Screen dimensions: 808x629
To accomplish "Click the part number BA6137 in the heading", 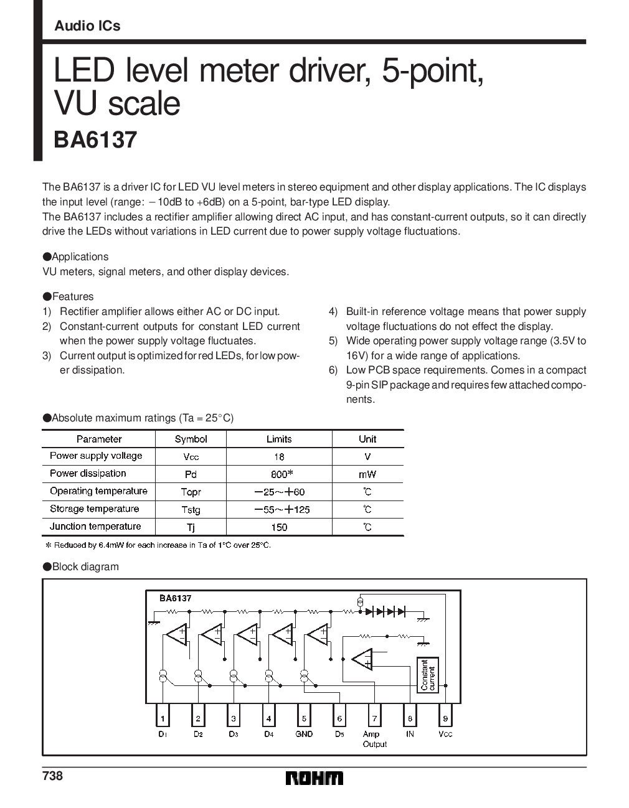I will point(95,140).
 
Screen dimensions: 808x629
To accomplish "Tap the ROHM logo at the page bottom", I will point(314,779).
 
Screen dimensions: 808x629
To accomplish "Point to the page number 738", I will point(52,776).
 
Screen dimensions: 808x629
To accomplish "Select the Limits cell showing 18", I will point(278,456).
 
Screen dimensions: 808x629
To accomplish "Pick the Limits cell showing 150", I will point(278,527).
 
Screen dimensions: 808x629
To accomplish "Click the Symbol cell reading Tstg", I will point(191,510).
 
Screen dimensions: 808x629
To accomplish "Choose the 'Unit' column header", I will point(367,439).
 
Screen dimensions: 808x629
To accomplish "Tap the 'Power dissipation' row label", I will point(88,474).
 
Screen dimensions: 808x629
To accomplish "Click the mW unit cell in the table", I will point(367,474).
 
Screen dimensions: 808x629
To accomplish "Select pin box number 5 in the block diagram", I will point(304,718).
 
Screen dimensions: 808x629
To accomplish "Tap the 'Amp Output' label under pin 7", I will point(374,739).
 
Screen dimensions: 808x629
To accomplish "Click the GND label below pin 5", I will point(304,735).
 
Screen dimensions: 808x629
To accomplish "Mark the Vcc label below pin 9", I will point(445,735).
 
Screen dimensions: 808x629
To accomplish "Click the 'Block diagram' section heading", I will point(85,567).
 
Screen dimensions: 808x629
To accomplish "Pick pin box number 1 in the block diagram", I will point(163,718).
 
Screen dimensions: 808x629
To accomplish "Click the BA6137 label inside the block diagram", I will point(175,598).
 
